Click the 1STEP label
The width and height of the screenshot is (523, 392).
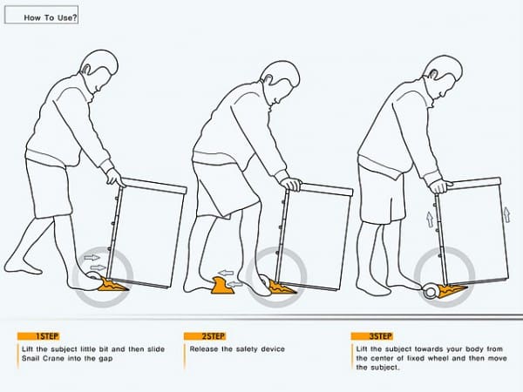click(x=46, y=335)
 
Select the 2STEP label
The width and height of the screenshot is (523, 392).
click(x=213, y=335)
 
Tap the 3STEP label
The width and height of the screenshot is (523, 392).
click(x=380, y=335)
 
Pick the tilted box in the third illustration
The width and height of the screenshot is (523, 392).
click(x=471, y=231)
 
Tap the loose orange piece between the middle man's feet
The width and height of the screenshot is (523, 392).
click(x=225, y=285)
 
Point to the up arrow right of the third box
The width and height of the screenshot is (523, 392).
click(x=507, y=213)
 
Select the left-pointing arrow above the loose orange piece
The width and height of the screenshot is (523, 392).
click(x=226, y=272)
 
